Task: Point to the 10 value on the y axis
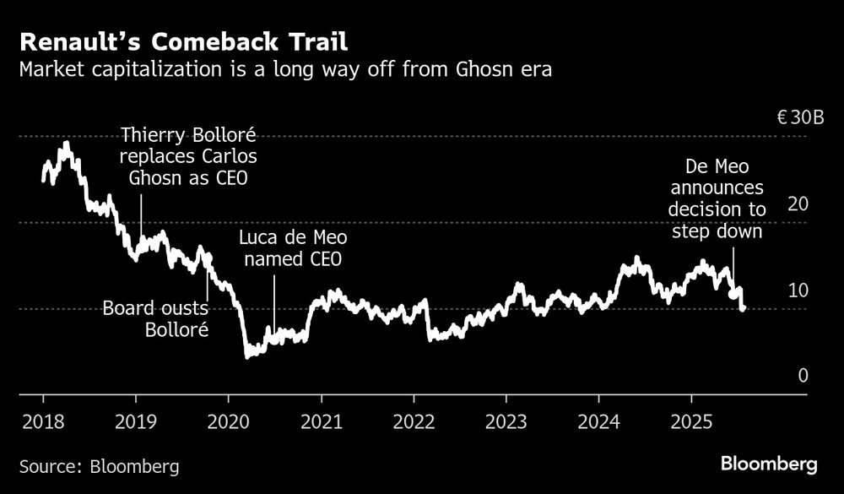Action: point(799,290)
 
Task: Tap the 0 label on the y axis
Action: point(803,376)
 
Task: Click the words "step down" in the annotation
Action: point(717,231)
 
